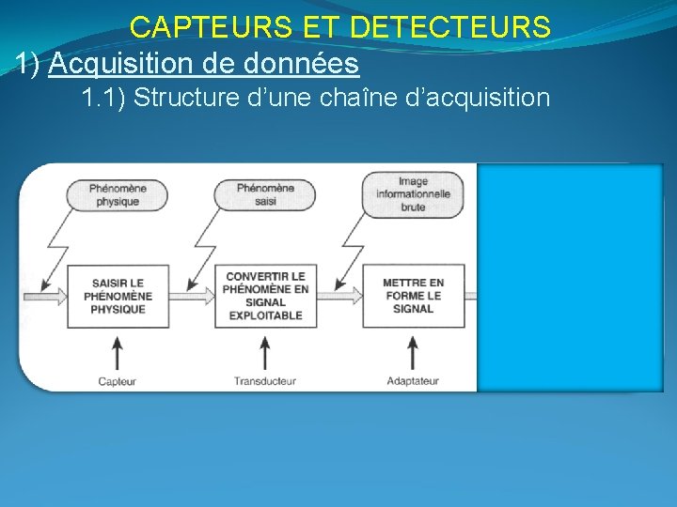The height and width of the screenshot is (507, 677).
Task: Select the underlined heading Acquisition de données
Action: pyautogui.click(x=203, y=64)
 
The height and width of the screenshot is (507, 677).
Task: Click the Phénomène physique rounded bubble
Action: pyautogui.click(x=118, y=195)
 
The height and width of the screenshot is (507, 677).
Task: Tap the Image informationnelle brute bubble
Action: pyautogui.click(x=413, y=194)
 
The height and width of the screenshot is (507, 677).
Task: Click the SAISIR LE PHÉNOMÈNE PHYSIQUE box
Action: pyautogui.click(x=118, y=296)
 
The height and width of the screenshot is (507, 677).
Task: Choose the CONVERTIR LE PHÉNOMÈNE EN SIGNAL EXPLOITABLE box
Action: pyautogui.click(x=265, y=296)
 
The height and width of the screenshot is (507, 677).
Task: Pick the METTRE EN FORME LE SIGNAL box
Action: pyautogui.click(x=413, y=296)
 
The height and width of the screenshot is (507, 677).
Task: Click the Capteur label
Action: pyautogui.click(x=118, y=381)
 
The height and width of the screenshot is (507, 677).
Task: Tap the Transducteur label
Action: pyautogui.click(x=265, y=381)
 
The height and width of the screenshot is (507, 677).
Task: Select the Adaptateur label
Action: pyautogui.click(x=413, y=381)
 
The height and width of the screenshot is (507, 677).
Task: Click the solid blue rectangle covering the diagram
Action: pyautogui.click(x=569, y=277)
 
